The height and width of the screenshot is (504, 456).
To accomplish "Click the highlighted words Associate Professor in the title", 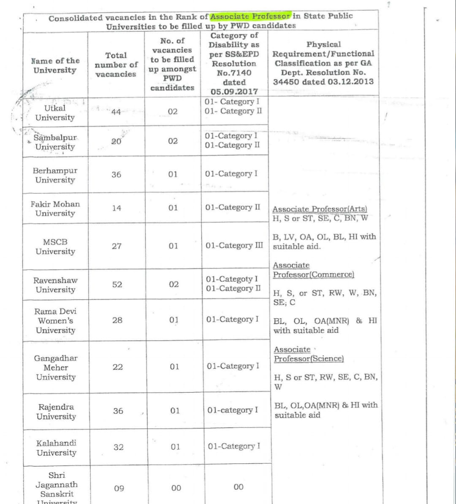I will pyautogui.click(x=250, y=16).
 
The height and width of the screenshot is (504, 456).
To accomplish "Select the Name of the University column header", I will pyautogui.click(x=55, y=65).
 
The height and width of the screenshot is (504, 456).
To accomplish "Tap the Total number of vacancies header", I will pyautogui.click(x=116, y=65).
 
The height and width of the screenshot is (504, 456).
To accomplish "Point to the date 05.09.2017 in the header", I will pyautogui.click(x=234, y=91).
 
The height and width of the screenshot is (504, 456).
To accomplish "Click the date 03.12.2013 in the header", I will pyautogui.click(x=350, y=81).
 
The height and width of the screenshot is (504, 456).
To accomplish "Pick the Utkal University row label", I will pyautogui.click(x=55, y=113).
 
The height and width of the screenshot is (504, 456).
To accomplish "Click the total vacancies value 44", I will pyautogui.click(x=116, y=112).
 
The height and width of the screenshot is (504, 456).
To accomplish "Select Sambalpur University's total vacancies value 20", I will pyautogui.click(x=116, y=141).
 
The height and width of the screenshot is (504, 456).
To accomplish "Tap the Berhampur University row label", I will pyautogui.click(x=55, y=175).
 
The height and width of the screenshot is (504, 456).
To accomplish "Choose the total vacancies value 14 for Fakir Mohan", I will pyautogui.click(x=117, y=208).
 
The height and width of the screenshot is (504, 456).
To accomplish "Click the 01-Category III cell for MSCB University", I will pyautogui.click(x=234, y=246).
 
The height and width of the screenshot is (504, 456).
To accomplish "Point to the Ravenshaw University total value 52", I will pyautogui.click(x=117, y=285).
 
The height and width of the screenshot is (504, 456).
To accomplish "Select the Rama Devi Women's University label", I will pyautogui.click(x=55, y=321).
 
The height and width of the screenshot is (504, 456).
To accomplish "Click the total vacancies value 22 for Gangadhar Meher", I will pyautogui.click(x=118, y=367).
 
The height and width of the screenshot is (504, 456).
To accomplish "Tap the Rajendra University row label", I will pyautogui.click(x=56, y=412).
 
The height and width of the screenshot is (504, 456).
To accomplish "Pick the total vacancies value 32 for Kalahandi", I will pyautogui.click(x=118, y=447).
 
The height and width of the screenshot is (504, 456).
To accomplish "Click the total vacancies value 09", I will pyautogui.click(x=119, y=488).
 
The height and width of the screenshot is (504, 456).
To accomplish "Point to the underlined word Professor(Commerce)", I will pyautogui.click(x=313, y=275).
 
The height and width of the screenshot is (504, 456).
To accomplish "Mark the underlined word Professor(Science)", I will pyautogui.click(x=309, y=359).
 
